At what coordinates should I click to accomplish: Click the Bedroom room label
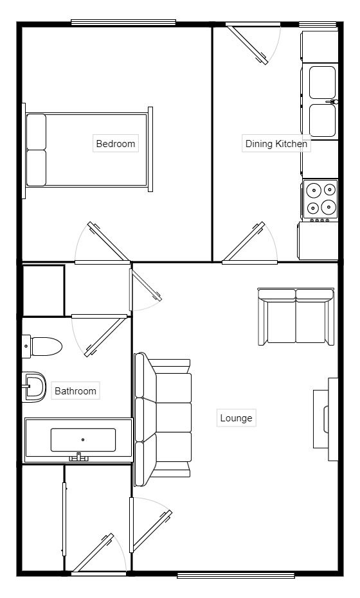pyautogui.click(x=116, y=143)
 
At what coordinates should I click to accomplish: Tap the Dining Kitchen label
pyautogui.click(x=276, y=143)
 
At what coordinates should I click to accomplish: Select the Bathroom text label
pyautogui.click(x=75, y=391)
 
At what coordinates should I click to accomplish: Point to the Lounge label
pyautogui.click(x=236, y=418)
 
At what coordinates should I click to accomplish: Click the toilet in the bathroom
pyautogui.click(x=42, y=346)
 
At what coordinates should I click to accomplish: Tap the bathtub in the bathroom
pyautogui.click(x=78, y=440)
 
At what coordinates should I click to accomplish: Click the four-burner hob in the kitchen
pyautogui.click(x=320, y=198)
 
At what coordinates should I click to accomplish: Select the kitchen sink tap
pyautogui.click(x=334, y=102)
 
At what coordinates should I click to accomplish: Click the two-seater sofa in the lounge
pyautogui.click(x=296, y=316)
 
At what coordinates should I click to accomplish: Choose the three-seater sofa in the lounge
pyautogui.click(x=163, y=418)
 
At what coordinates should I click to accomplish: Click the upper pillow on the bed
pyautogui.click(x=37, y=131)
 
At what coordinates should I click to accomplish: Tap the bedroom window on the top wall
pyautogui.click(x=123, y=22)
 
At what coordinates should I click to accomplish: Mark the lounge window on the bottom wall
pyautogui.click(x=235, y=574)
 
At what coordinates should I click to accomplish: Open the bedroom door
pyautogui.click(x=106, y=243)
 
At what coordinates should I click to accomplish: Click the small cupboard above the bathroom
pyautogui.click(x=43, y=290)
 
